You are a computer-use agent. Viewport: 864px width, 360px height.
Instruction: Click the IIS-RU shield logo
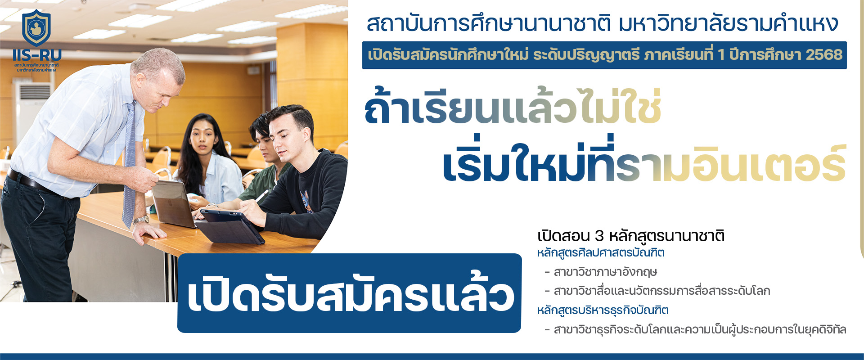[x=36, y=28]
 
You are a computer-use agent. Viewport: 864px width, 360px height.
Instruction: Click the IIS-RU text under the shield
[x=37, y=55]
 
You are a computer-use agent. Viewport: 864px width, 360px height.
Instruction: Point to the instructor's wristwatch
[x=141, y=220]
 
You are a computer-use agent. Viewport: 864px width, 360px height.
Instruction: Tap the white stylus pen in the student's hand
[x=260, y=197]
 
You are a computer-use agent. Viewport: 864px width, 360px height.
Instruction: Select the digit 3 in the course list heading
[x=599, y=236]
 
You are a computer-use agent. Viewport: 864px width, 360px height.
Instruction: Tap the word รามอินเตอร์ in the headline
[x=731, y=164]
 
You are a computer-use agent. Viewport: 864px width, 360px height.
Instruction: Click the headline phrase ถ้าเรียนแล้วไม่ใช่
[x=513, y=107]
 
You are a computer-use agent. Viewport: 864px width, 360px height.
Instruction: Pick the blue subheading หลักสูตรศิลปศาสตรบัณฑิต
[x=601, y=252]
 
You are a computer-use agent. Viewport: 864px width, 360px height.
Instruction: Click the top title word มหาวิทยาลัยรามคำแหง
[x=729, y=24]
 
